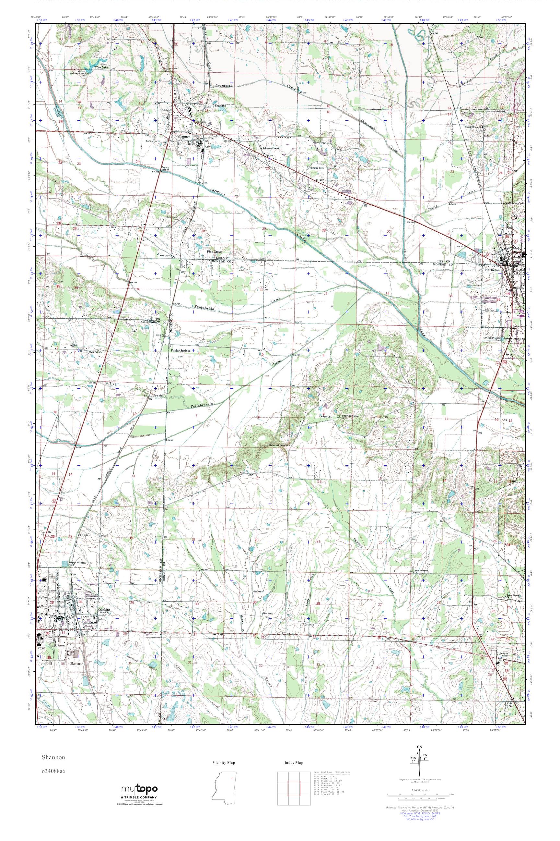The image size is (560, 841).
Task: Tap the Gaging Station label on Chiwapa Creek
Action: (165, 169)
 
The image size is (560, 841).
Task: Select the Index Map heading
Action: (294, 762)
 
